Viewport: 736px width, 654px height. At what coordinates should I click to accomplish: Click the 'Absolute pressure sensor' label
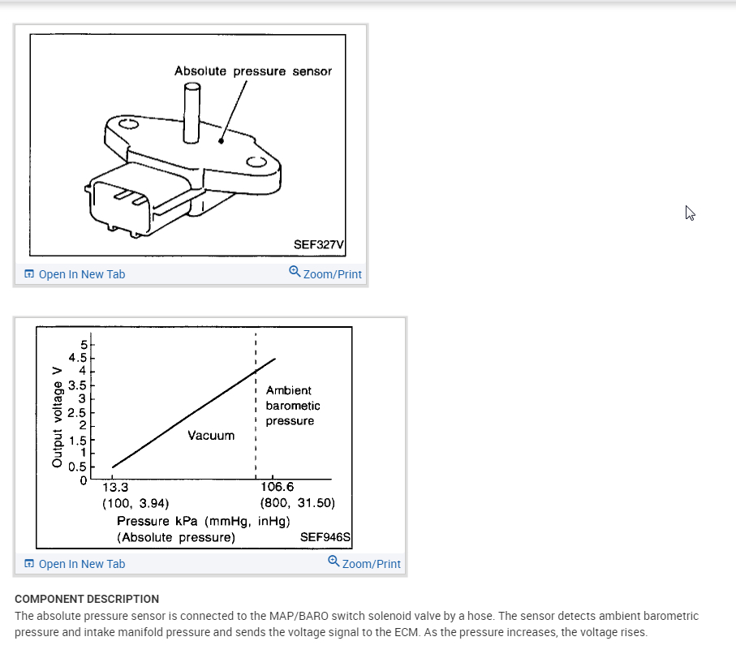pos(252,71)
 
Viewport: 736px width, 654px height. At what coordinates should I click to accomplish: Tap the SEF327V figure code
pos(319,245)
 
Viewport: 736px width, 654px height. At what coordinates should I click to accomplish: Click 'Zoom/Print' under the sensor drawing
pos(325,274)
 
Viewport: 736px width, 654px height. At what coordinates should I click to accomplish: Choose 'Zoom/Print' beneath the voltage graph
pos(364,564)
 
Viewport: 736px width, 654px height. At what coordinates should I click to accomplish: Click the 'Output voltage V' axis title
pos(57,416)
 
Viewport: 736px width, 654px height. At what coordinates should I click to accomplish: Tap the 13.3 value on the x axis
pos(114,488)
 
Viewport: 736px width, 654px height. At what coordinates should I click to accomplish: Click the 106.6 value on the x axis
pos(278,488)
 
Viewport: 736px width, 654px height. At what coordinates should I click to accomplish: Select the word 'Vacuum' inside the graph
pos(211,436)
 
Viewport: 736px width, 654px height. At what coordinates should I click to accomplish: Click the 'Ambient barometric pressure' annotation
pos(292,406)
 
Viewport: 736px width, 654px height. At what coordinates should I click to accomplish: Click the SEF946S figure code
pos(325,537)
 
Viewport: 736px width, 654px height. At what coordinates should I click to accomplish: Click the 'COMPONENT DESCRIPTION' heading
pos(87,599)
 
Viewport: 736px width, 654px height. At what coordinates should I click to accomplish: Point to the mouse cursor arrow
pos(690,213)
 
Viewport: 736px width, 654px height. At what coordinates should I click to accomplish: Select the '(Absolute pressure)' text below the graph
pos(176,537)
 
